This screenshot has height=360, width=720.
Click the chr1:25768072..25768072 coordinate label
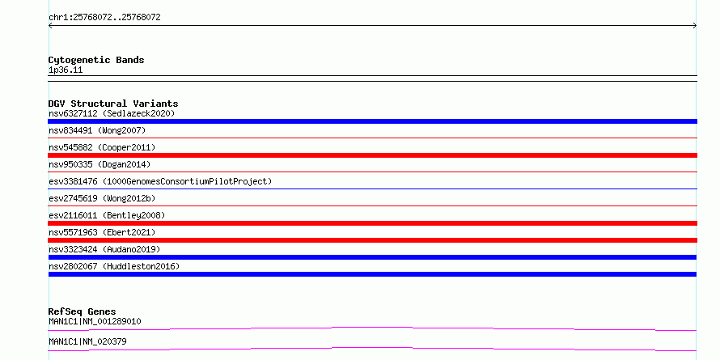point(104,18)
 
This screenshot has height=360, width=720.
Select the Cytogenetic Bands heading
point(96,60)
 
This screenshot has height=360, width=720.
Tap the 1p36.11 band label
point(66,70)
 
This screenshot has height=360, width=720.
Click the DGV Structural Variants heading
point(113,104)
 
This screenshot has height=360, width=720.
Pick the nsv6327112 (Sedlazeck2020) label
point(112,113)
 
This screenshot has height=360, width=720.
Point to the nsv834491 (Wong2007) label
point(97,130)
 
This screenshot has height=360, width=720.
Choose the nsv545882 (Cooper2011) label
point(102,147)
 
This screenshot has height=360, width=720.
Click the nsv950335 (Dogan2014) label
point(100,164)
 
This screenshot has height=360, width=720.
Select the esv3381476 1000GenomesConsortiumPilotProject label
point(160,181)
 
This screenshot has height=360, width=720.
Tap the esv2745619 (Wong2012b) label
point(102,198)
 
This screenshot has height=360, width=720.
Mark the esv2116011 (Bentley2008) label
point(107,215)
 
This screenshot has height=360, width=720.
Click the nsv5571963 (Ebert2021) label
point(102,232)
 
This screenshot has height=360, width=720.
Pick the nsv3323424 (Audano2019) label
point(104,249)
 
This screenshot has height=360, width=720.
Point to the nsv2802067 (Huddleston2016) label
point(114,266)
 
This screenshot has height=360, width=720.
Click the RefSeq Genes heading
point(83,311)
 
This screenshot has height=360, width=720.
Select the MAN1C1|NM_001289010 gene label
point(95,321)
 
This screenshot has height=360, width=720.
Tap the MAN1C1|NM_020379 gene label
point(87,341)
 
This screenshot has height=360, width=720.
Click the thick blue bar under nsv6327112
point(372,121)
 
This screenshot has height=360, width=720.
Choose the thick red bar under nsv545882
point(372,155)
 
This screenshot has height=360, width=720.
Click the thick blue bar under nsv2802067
point(372,274)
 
